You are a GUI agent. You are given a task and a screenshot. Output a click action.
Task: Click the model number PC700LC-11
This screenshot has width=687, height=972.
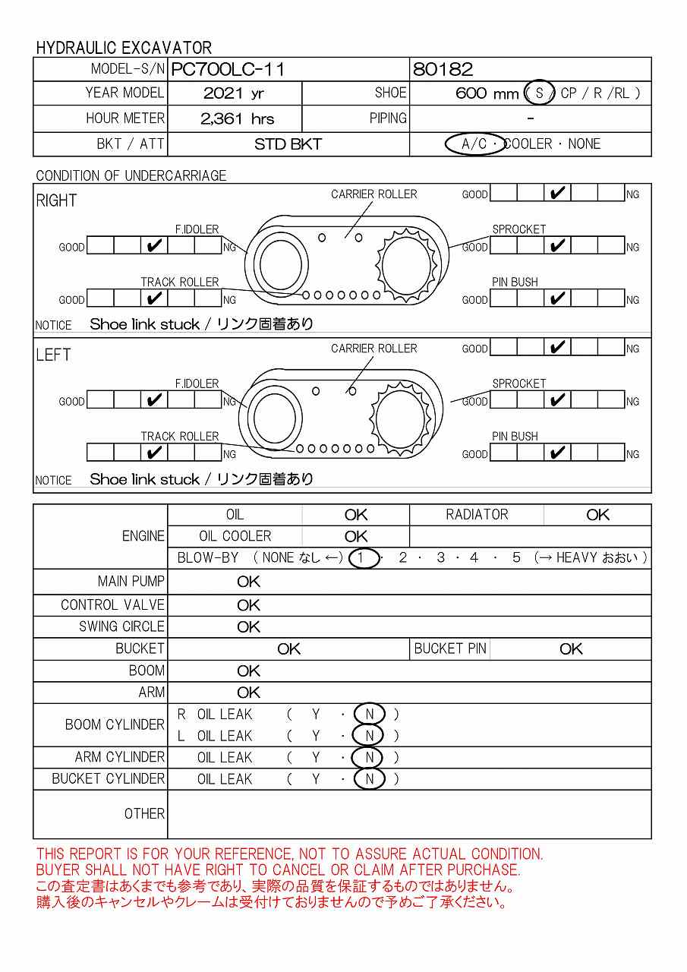tap(228, 70)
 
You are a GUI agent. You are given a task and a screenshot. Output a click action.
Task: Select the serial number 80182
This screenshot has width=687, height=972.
tap(443, 70)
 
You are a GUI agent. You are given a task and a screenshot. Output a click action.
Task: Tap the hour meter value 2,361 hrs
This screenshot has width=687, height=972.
tap(237, 119)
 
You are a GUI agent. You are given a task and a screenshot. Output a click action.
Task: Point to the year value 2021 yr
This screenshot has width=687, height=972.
tap(234, 94)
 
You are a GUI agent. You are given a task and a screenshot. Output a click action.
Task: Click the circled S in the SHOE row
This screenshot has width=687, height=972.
tap(540, 93)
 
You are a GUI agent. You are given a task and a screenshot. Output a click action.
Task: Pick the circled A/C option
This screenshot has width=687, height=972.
tap(474, 144)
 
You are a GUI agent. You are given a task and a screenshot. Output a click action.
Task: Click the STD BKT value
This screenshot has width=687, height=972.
tap(288, 144)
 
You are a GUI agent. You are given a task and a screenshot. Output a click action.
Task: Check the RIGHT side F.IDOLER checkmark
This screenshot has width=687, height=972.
tap(154, 246)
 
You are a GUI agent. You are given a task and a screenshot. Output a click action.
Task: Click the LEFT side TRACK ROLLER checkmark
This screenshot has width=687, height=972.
tap(154, 453)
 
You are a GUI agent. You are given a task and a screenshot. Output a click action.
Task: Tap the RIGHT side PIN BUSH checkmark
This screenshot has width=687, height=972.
tap(558, 298)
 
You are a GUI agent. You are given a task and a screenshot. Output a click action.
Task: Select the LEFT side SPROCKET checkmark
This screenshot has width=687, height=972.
tap(558, 400)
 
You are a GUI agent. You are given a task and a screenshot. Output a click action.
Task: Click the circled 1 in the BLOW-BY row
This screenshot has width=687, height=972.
tap(363, 558)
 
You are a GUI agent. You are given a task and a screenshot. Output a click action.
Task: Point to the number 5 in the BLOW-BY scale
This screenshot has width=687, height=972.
tap(516, 558)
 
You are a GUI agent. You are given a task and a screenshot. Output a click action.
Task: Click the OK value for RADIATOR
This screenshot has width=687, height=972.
tap(597, 515)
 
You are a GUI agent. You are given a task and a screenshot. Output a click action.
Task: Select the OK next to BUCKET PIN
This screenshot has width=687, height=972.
tap(571, 649)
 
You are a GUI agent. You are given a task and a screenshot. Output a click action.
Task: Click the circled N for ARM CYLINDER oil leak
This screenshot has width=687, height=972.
tap(370, 758)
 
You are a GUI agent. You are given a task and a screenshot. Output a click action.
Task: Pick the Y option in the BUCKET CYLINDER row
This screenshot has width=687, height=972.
tap(316, 779)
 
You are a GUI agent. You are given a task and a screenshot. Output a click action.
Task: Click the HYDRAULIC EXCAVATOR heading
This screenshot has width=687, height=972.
tap(124, 48)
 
